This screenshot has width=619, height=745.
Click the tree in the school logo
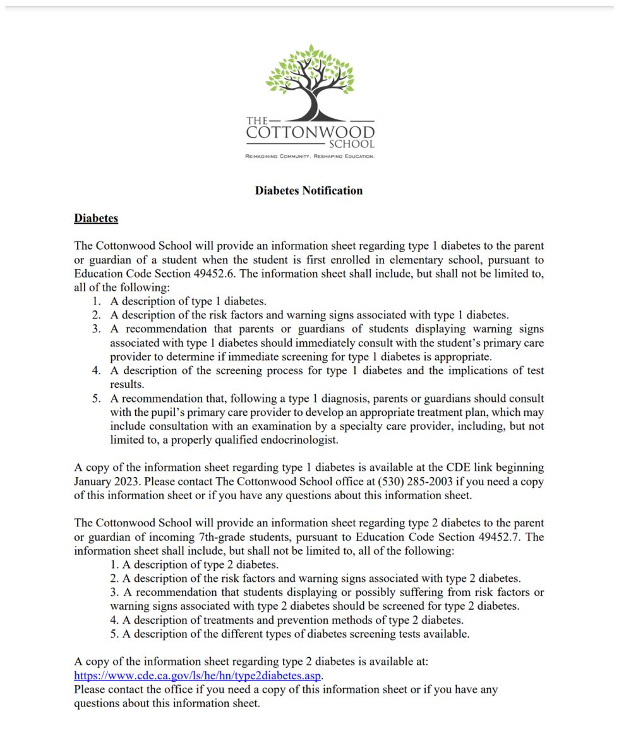309,81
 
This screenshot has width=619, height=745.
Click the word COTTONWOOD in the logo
310,132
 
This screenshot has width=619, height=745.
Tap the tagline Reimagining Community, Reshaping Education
310,155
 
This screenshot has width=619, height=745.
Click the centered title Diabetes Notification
309,190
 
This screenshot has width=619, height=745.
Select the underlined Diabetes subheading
96,219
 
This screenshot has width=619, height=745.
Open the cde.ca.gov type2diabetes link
198,675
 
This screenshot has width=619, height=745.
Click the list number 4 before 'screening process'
96,370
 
